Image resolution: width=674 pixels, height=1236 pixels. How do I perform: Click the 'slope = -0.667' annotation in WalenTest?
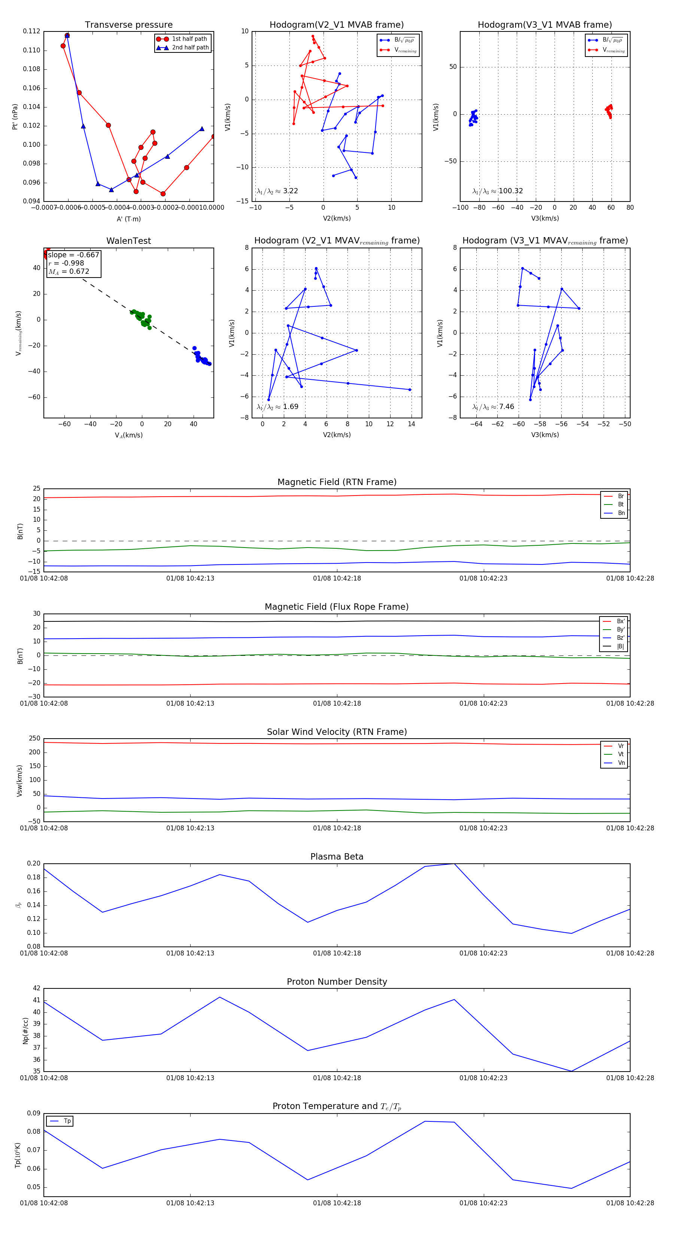point(73,255)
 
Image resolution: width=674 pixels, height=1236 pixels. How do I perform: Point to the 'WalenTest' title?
point(128,241)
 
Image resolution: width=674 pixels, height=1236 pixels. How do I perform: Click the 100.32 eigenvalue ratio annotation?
point(498,191)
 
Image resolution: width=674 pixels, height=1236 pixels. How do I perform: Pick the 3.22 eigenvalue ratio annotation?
point(277,191)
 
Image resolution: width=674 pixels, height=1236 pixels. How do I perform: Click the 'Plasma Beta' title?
point(337,857)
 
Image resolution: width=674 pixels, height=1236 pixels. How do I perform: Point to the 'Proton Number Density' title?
point(337,982)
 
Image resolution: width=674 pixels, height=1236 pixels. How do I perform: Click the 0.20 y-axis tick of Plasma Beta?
point(34,863)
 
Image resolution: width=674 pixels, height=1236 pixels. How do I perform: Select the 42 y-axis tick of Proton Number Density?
point(36,988)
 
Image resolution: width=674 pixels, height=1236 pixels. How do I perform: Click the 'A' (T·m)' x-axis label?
point(128,219)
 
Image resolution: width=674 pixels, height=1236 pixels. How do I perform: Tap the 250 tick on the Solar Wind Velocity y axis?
point(34,739)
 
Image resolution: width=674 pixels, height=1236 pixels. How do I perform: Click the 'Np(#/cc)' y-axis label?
point(25,1030)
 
